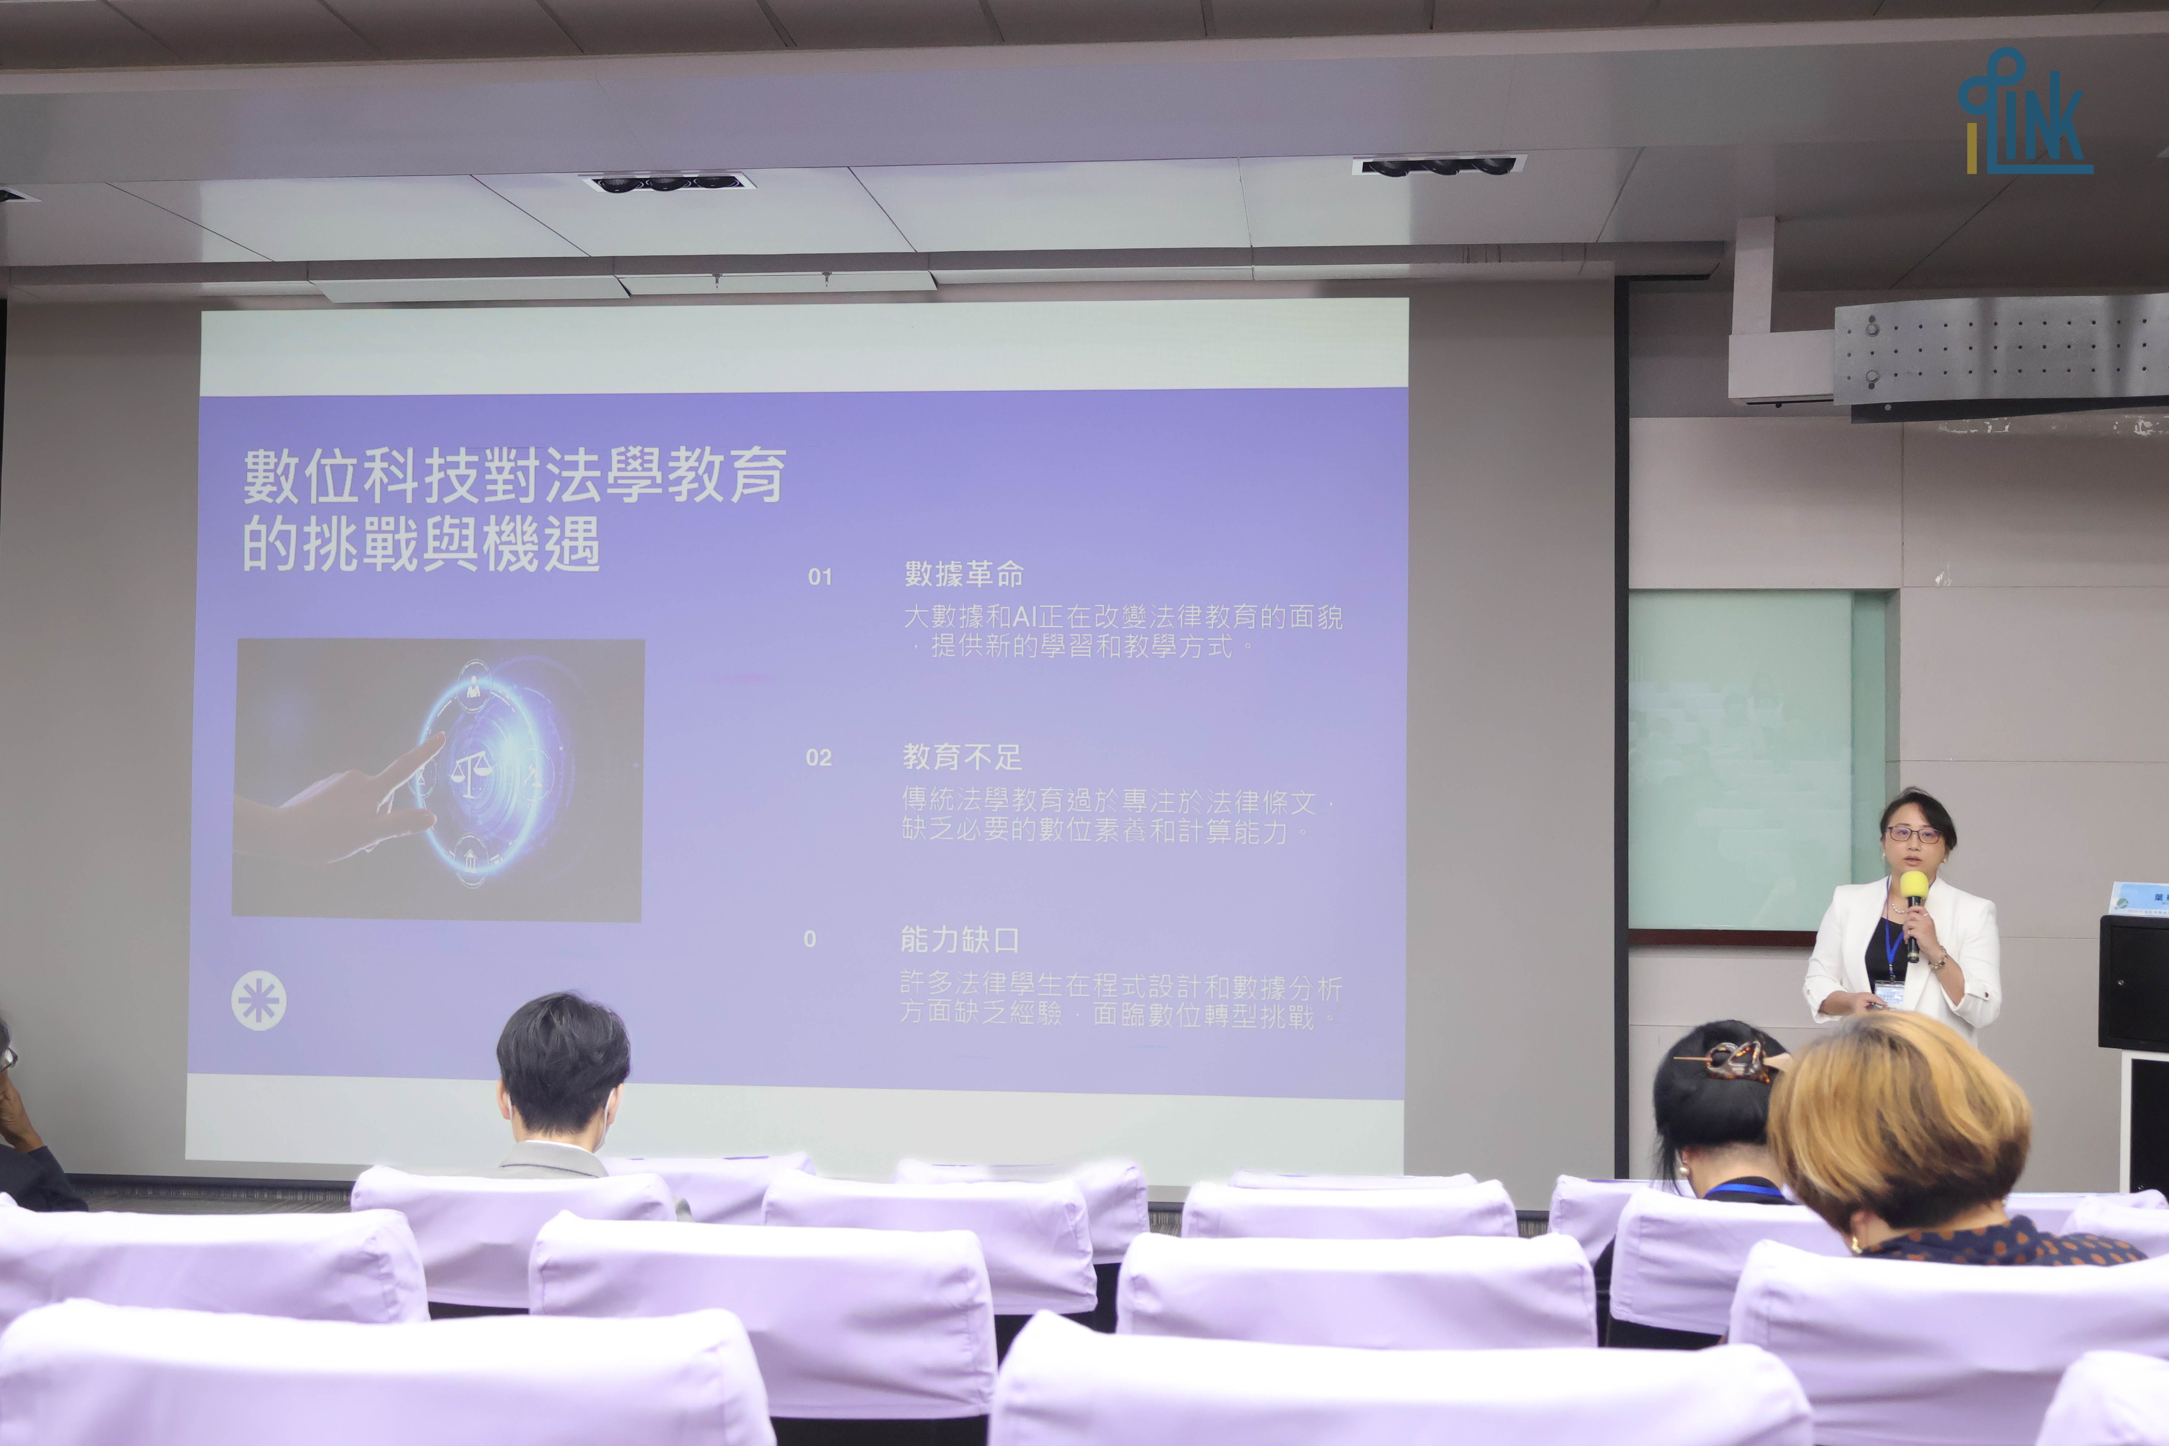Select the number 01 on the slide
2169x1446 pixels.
820,577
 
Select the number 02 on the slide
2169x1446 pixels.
818,758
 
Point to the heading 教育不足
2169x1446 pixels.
962,757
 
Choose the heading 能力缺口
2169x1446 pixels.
959,940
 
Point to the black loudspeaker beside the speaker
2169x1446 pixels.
2133,982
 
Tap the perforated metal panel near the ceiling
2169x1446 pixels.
2001,350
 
